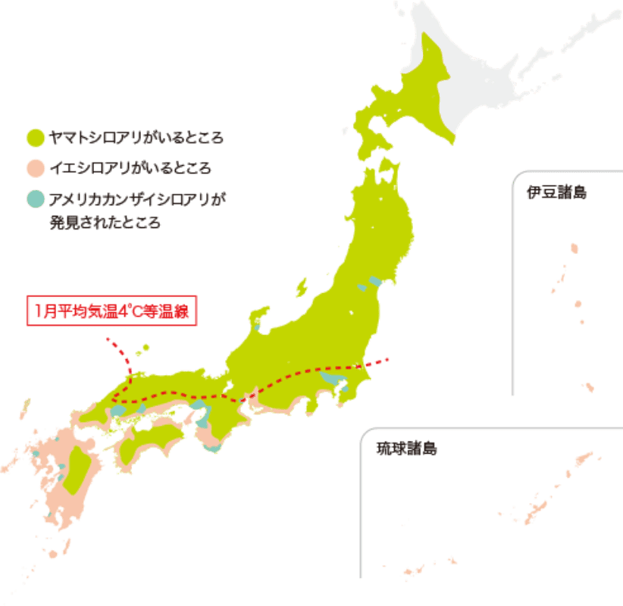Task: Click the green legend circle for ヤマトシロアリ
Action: (34, 138)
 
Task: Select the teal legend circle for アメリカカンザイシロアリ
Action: (34, 200)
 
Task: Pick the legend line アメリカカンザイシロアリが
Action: (136, 200)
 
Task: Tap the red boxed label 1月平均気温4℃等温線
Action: (111, 311)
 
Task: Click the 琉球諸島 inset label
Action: (407, 449)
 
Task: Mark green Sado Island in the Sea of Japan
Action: (301, 288)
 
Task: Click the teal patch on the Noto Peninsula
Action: (258, 326)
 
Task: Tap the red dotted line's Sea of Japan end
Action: (108, 339)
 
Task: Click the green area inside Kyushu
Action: (77, 470)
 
